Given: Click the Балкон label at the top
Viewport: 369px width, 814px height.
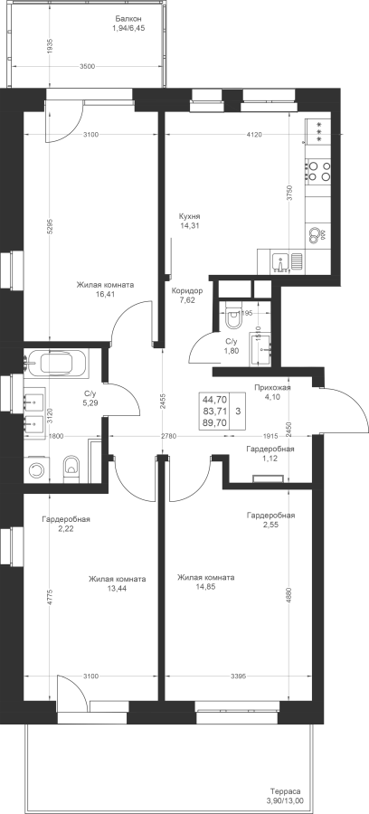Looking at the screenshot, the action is tap(128, 19).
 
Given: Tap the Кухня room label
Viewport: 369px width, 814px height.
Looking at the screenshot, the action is tap(189, 216).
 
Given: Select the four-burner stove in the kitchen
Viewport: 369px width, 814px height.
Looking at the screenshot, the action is tap(318, 171).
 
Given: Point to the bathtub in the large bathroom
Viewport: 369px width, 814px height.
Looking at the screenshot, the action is tap(56, 363).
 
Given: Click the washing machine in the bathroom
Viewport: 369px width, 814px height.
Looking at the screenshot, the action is tap(36, 469).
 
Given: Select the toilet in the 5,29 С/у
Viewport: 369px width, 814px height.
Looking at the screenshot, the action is tap(71, 468).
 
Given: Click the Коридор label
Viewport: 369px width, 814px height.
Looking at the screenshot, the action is tap(187, 290).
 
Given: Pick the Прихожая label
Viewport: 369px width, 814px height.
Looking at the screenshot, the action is tap(272, 387).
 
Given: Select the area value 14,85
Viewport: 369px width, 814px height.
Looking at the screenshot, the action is tap(205, 587).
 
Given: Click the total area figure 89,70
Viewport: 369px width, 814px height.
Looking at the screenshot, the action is tap(214, 422).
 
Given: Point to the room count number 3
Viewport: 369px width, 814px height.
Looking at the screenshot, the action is tap(238, 412).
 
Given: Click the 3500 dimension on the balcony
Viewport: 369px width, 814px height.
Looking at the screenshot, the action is tap(88, 66).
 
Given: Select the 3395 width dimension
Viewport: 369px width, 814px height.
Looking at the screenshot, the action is tap(239, 676).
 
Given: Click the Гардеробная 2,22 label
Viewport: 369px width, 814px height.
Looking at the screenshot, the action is tap(66, 523).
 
